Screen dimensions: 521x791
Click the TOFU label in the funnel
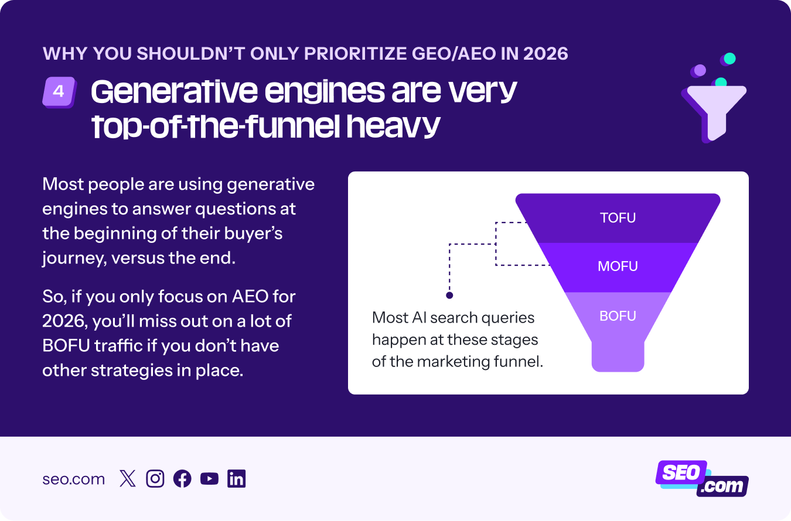[618, 218]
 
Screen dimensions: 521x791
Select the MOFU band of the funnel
[618, 267]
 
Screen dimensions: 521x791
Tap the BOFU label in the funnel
[618, 317]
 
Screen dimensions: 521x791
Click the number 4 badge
[59, 92]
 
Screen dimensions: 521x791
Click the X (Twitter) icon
[127, 479]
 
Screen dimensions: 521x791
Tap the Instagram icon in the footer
[155, 479]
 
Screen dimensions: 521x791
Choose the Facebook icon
[182, 479]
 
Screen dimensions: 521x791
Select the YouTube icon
[209, 479]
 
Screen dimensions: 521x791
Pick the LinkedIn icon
[237, 479]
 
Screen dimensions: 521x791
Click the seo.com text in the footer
[73, 479]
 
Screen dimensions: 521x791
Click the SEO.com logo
[701, 479]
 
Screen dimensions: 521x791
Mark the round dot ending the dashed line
[449, 296]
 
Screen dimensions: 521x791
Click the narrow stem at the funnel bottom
[618, 355]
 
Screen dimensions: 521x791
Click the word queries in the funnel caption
[507, 318]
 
